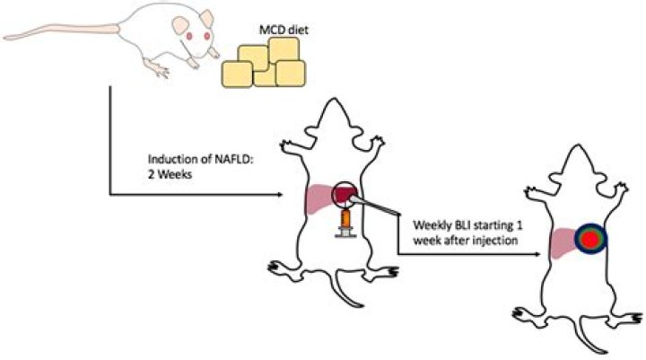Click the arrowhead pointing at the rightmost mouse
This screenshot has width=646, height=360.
pyautogui.click(x=538, y=254)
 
